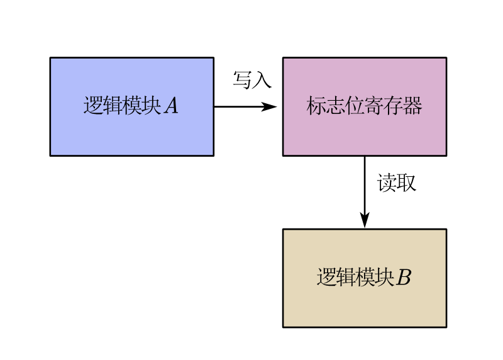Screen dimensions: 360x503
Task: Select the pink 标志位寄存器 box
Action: coord(365,132)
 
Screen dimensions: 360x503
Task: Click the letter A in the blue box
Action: coord(171,106)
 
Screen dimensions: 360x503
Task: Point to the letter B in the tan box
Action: coord(404,278)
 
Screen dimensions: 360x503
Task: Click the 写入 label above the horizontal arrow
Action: coord(252,80)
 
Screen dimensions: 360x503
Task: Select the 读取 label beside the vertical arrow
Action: coord(397,183)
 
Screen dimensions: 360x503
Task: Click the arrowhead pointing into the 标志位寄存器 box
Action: coord(270,106)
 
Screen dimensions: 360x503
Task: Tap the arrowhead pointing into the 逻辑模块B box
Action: coord(365,220)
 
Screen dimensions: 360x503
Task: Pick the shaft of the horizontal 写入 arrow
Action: coord(239,106)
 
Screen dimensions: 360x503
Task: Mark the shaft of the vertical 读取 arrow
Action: coord(365,183)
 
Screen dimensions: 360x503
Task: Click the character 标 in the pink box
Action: coord(316,106)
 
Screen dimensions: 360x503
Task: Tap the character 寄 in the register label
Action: coord(374,106)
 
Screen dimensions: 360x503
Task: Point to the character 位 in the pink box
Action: coord(355,106)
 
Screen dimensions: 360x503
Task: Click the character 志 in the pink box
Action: coord(336,106)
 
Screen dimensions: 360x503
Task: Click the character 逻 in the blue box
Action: coord(93,106)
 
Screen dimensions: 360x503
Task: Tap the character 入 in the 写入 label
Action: coord(262,80)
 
